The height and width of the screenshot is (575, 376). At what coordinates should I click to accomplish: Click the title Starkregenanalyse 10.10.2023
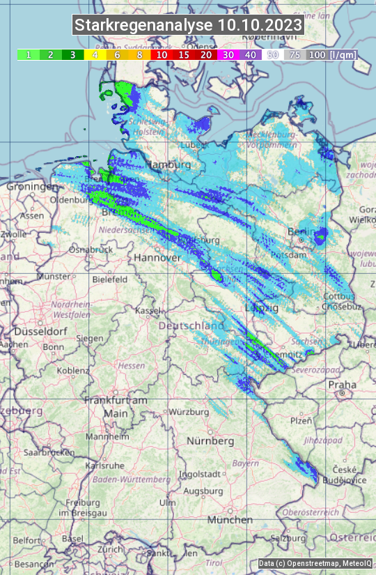[x=188, y=26]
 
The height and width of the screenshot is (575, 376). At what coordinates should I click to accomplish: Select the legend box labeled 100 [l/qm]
[x=331, y=54]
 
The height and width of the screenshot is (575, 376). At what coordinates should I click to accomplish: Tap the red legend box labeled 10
[x=162, y=54]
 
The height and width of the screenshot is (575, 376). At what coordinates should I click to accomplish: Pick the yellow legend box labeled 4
[x=95, y=54]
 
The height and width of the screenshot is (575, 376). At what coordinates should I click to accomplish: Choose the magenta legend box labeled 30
[x=228, y=54]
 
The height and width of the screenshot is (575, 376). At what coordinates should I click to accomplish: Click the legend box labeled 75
[x=295, y=54]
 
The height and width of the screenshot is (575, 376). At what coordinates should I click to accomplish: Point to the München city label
[x=230, y=520]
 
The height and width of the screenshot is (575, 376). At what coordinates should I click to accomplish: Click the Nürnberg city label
[x=210, y=441]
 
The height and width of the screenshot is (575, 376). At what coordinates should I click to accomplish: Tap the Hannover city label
[x=157, y=258]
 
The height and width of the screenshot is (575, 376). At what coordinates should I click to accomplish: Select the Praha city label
[x=342, y=384]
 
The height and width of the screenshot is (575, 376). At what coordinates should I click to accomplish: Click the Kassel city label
[x=148, y=310]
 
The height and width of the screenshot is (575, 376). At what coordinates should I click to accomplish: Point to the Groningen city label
[x=32, y=187]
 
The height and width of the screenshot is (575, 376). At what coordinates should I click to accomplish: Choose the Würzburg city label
[x=189, y=412]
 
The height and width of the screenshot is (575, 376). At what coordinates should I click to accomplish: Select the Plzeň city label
[x=301, y=420]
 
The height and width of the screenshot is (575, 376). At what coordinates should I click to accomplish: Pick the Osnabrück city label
[x=91, y=249]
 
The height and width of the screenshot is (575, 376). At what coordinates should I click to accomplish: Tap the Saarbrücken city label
[x=49, y=452]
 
